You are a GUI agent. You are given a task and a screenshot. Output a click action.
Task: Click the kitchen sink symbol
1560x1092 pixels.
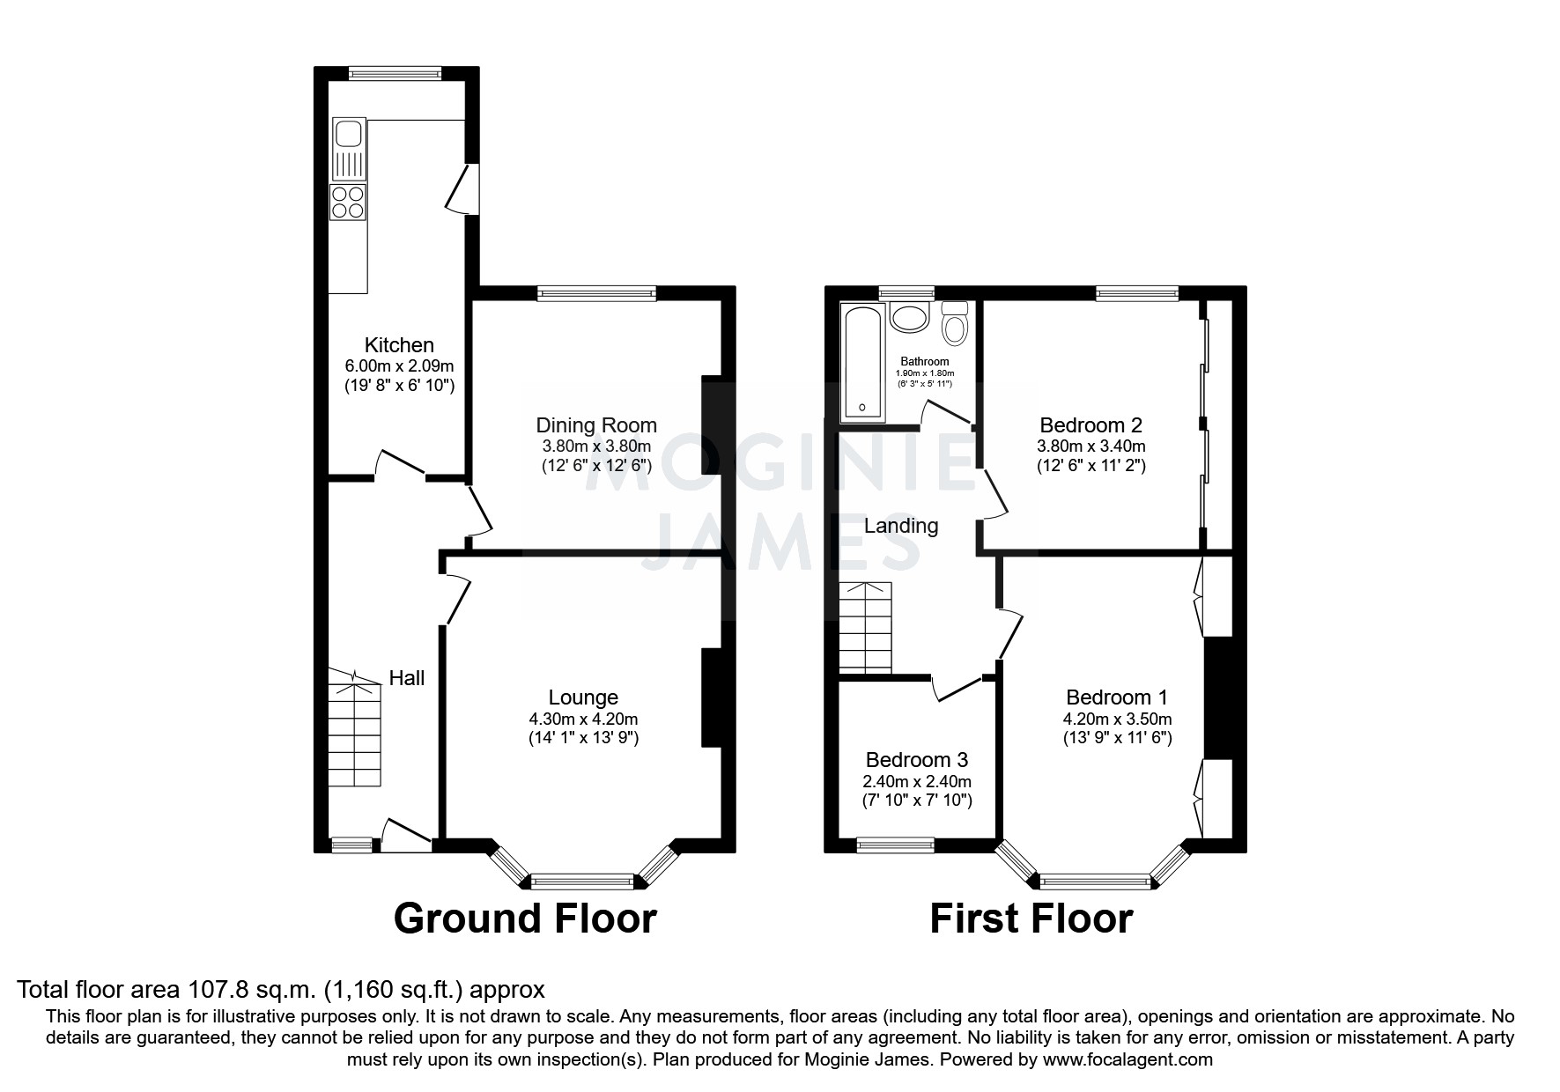[x=349, y=149]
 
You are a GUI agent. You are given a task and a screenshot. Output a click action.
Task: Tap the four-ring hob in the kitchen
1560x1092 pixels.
[x=348, y=203]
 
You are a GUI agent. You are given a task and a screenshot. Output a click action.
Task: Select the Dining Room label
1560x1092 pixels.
[x=596, y=425]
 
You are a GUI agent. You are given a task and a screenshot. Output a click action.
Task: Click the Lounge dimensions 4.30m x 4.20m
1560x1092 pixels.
[x=583, y=719]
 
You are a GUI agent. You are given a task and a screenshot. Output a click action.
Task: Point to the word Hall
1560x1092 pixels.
[x=407, y=677]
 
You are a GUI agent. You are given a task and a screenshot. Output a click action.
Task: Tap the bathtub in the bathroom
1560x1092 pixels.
[x=861, y=362]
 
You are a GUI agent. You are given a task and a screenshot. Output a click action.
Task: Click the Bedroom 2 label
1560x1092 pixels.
[x=1091, y=425]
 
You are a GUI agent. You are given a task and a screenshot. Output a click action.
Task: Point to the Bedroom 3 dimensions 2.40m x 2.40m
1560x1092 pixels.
[x=917, y=781]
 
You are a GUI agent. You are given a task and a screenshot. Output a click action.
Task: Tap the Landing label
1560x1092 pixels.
[x=900, y=526]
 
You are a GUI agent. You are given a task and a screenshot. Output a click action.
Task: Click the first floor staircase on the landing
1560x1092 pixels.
[x=865, y=628]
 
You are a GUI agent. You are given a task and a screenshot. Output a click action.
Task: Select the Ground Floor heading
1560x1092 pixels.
[x=525, y=919]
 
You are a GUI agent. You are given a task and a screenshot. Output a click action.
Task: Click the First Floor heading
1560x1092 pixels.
[x=1031, y=919]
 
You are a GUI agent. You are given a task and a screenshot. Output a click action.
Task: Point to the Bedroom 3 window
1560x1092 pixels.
[x=895, y=845]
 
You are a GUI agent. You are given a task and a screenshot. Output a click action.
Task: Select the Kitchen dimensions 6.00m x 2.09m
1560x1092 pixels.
[x=399, y=365]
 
